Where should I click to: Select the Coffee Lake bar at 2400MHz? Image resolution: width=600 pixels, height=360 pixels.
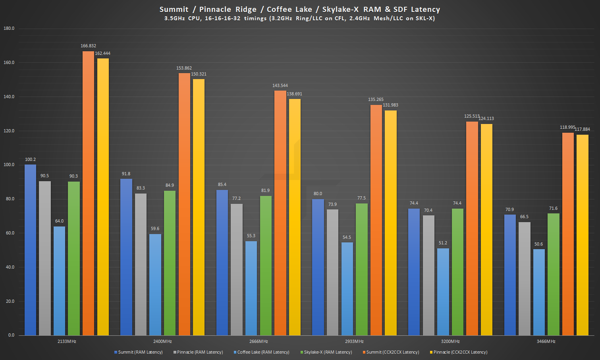pyautogui.click(x=155, y=285)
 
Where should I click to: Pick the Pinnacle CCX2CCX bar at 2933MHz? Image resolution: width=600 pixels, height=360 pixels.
pyautogui.click(x=391, y=223)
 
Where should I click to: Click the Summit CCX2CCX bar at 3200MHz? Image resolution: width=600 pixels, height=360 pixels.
pyautogui.click(x=472, y=228)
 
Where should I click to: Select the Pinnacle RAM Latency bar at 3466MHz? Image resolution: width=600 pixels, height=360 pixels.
pyautogui.click(x=524, y=278)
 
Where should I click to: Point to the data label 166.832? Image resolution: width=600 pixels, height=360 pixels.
pyautogui.click(x=88, y=46)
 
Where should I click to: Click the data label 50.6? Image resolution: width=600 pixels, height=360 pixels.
pyautogui.click(x=538, y=244)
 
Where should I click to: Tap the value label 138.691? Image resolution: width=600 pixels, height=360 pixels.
pyautogui.click(x=294, y=94)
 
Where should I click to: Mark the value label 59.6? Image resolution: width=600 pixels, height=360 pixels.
pyautogui.click(x=155, y=228)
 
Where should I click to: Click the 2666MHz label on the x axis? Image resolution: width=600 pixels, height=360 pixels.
pyautogui.click(x=259, y=341)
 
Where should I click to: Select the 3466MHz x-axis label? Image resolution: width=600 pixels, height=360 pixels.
pyautogui.click(x=546, y=341)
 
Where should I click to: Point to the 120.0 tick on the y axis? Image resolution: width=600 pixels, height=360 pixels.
pyautogui.click(x=9, y=131)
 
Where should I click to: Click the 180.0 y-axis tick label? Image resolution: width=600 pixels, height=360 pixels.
pyautogui.click(x=9, y=28)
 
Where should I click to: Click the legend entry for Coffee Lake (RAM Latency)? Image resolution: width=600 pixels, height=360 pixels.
pyautogui.click(x=263, y=352)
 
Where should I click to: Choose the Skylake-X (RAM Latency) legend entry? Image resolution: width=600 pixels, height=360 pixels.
pyautogui.click(x=328, y=352)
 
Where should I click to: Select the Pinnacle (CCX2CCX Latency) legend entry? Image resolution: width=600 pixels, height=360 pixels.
pyautogui.click(x=460, y=352)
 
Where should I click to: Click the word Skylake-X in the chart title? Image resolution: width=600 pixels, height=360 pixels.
pyautogui.click(x=340, y=9)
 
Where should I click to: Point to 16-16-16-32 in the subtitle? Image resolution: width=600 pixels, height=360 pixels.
pyautogui.click(x=222, y=18)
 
